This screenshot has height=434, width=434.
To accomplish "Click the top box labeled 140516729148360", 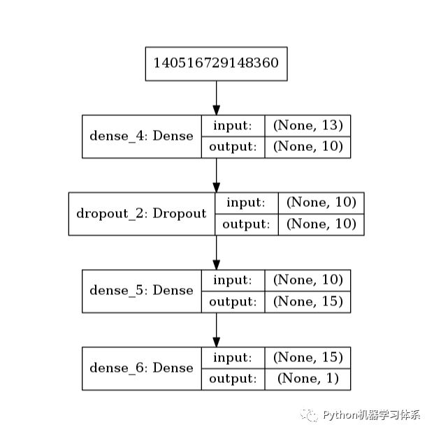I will pyautogui.click(x=216, y=63).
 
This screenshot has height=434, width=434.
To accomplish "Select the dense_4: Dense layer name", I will pyautogui.click(x=141, y=136).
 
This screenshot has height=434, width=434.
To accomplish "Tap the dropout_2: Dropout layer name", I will pyautogui.click(x=141, y=213).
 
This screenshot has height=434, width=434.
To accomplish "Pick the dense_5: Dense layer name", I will pyautogui.click(x=141, y=290).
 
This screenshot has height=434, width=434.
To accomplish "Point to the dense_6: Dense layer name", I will pyautogui.click(x=141, y=368).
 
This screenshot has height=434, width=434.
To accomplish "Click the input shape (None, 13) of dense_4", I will pyautogui.click(x=308, y=125).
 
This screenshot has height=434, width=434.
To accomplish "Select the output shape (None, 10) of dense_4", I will pyautogui.click(x=308, y=147).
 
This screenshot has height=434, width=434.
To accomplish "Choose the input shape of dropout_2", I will pyautogui.click(x=321, y=203).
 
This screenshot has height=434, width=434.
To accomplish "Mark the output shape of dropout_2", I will pyautogui.click(x=321, y=224).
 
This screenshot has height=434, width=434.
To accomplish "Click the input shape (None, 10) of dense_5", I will pyautogui.click(x=308, y=280).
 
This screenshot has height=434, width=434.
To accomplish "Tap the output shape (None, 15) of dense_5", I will pyautogui.click(x=308, y=301).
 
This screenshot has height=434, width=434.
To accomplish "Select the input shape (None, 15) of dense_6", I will pyautogui.click(x=308, y=357).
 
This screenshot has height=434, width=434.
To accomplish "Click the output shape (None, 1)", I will pyautogui.click(x=308, y=379).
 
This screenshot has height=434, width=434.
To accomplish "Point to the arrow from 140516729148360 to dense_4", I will pyautogui.click(x=216, y=97).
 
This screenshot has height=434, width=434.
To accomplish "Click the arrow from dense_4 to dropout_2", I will pyautogui.click(x=216, y=175).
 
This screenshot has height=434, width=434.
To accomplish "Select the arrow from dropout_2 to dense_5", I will pyautogui.click(x=216, y=252).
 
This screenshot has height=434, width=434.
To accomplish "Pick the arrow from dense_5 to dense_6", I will pyautogui.click(x=216, y=329).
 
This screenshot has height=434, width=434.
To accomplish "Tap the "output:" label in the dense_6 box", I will pyautogui.click(x=233, y=379).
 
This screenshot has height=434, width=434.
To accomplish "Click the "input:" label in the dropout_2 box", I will pyautogui.click(x=245, y=203).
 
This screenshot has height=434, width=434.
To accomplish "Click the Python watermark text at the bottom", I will pyautogui.click(x=370, y=415).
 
